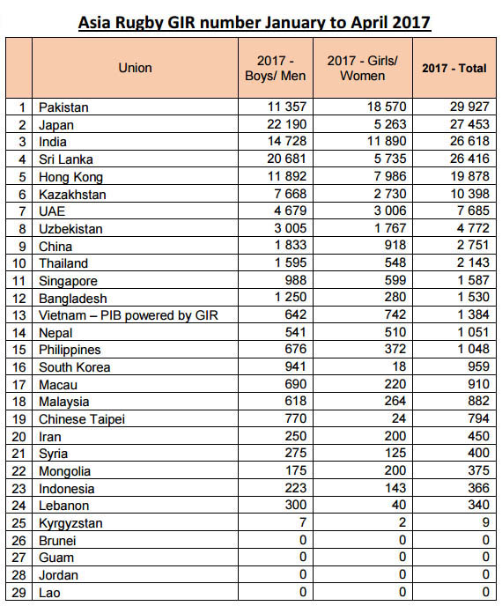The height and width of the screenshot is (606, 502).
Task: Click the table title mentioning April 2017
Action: [255, 22]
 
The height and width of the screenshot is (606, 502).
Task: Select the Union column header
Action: [135, 68]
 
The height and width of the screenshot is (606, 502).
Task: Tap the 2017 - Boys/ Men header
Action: [275, 68]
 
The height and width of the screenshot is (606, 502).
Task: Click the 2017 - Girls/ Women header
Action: [363, 68]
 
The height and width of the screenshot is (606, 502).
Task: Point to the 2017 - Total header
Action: [454, 68]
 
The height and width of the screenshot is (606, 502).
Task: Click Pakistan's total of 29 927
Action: [469, 107]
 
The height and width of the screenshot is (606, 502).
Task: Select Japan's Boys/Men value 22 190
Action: [287, 124]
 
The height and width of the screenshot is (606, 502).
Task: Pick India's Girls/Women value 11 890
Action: [387, 141]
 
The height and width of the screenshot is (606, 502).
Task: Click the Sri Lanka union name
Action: [66, 159]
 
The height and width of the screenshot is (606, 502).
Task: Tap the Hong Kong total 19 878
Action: [470, 176]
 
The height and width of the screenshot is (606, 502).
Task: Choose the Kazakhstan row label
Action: [72, 194]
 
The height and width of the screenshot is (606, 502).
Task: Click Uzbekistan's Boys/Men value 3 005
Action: [291, 228]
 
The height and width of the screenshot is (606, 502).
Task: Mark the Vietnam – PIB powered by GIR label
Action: [129, 315]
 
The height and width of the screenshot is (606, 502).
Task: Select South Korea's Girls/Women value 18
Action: [399, 366]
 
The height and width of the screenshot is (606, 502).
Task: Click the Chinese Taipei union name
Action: [82, 419]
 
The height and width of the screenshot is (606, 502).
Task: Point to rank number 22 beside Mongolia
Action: [18, 471]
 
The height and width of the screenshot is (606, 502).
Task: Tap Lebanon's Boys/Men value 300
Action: [296, 505]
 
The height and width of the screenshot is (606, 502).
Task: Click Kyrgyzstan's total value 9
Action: [486, 522]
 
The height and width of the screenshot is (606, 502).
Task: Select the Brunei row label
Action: [57, 540]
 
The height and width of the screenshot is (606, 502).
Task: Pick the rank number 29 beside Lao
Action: [18, 593]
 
